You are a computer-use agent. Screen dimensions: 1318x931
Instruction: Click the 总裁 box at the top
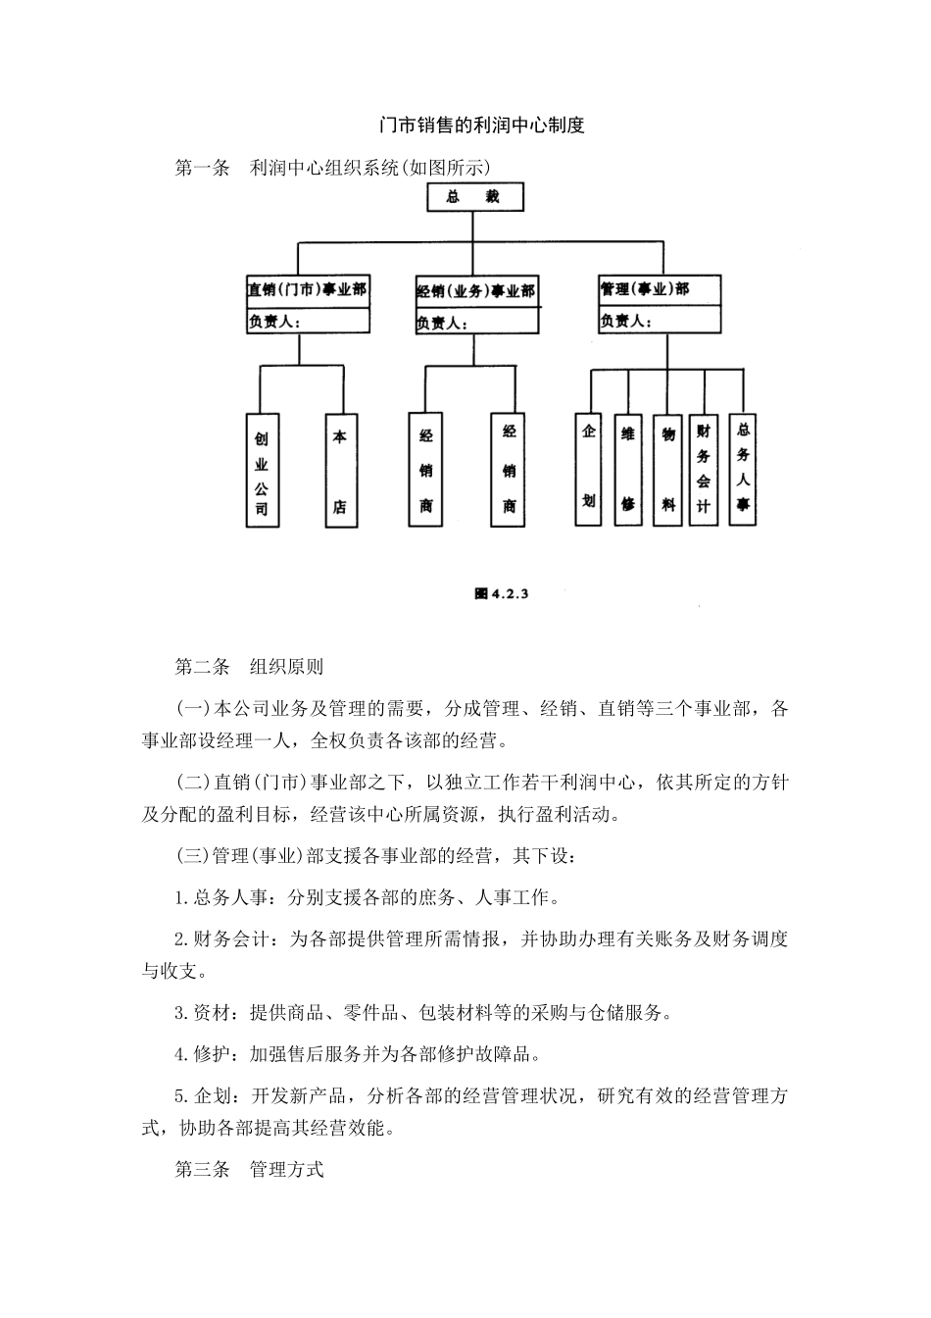[473, 197]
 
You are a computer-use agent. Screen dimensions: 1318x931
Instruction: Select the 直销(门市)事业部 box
[307, 290]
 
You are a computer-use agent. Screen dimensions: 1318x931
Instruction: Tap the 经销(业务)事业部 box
[476, 292]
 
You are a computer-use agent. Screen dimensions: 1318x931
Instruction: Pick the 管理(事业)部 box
[659, 289]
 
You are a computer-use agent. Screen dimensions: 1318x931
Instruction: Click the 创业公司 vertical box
[262, 471]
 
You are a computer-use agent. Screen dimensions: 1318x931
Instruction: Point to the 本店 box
[340, 471]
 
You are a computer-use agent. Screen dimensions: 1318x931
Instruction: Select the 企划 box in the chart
[588, 468]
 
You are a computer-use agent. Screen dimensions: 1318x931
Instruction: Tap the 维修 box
[627, 469]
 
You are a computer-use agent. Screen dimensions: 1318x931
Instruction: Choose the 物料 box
[667, 469]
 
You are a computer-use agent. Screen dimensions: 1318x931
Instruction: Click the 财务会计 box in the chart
[704, 469]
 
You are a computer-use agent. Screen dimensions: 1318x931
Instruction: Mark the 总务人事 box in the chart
[744, 468]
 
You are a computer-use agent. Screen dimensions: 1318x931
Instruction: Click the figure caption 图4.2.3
[501, 593]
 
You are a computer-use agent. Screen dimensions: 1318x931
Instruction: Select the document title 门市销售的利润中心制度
[481, 126]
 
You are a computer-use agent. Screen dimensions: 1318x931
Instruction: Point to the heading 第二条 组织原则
[249, 667]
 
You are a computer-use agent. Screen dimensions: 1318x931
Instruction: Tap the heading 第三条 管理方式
[249, 1169]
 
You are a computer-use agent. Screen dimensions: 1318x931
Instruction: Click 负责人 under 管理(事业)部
[624, 320]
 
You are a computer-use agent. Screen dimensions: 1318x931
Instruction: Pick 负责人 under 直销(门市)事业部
[273, 321]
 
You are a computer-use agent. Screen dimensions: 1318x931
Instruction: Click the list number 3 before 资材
[179, 1013]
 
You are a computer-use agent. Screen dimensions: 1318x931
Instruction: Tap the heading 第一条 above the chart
[201, 169]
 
